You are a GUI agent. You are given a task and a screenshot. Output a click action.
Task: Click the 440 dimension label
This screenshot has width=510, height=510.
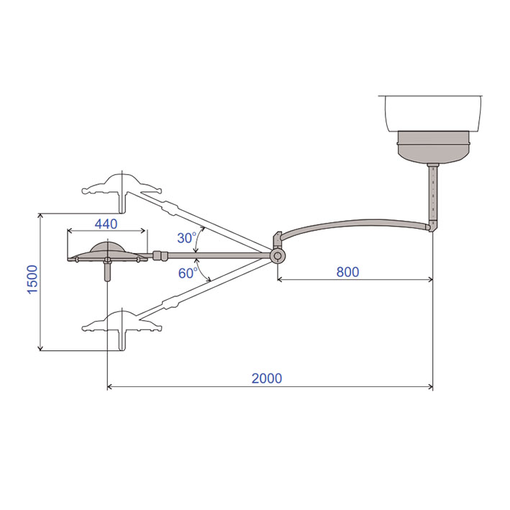pos(106,224)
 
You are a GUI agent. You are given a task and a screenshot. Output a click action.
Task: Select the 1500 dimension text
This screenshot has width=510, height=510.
pos(32,280)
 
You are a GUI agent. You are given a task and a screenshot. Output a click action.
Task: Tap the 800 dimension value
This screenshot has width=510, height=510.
pos(347,272)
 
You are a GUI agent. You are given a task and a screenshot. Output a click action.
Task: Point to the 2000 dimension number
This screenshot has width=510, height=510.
pos(267,378)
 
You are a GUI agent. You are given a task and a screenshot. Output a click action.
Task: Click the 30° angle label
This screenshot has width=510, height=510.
pos(187,238)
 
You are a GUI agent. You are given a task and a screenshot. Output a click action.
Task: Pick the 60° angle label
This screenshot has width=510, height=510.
pos(188,273)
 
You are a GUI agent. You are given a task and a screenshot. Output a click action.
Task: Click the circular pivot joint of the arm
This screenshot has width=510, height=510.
pos(278,256)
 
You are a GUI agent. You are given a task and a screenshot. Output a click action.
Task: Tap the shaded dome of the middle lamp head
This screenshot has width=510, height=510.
pos(108,247)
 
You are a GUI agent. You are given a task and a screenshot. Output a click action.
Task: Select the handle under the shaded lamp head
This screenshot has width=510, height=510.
pos(107,270)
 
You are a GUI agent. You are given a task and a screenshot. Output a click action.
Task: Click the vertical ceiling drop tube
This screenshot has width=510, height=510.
pos(433,193)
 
